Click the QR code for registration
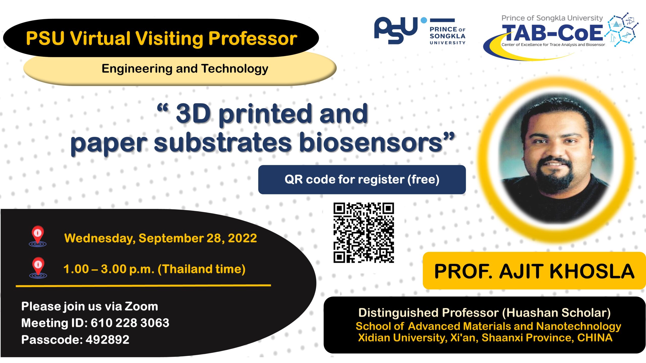364,233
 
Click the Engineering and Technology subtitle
185,69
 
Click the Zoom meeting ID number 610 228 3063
130,323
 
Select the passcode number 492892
107,340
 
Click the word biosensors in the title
371,143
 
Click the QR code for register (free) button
362,179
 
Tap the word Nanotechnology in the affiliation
578,326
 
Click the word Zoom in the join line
141,307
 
